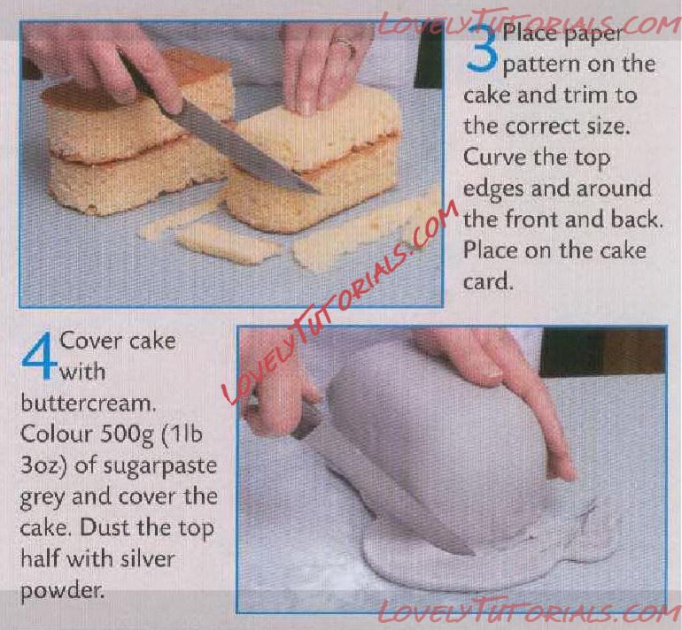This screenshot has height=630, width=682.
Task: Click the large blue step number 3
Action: point(482,47)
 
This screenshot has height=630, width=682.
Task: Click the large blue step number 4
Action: point(39,357)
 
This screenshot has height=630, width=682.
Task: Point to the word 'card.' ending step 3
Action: point(488,281)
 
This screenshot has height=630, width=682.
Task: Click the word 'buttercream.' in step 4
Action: point(88,403)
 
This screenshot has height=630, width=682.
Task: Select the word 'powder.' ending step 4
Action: point(63,591)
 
